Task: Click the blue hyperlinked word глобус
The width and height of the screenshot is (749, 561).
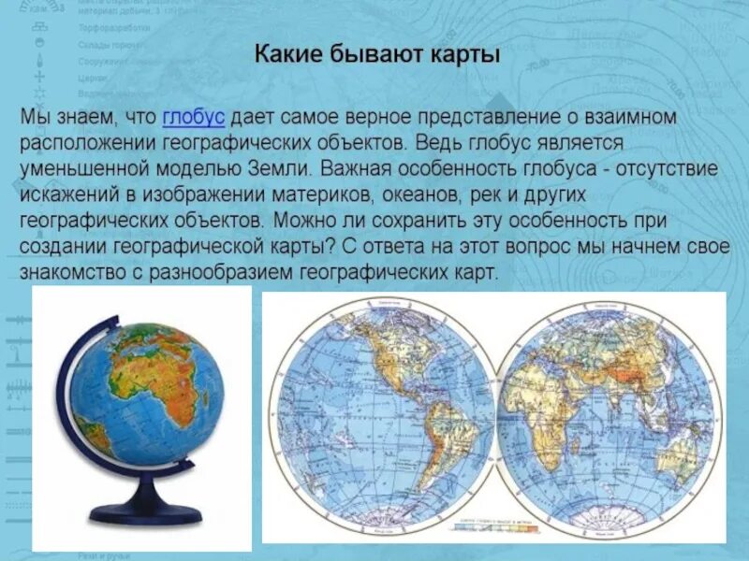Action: (x=194, y=118)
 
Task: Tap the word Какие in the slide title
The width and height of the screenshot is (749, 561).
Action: (x=286, y=55)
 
